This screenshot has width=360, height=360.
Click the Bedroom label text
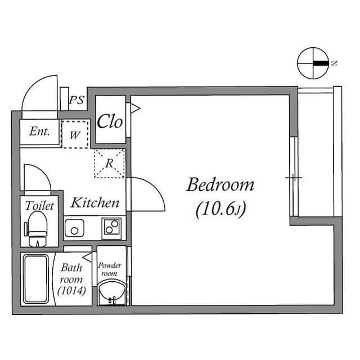pyautogui.click(x=220, y=184)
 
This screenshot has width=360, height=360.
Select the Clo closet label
pyautogui.click(x=110, y=121)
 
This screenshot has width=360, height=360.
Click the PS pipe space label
pyautogui.click(x=76, y=101)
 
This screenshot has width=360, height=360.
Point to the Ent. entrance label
pyautogui.click(x=39, y=132)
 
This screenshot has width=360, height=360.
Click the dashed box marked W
pyautogui.click(x=75, y=135)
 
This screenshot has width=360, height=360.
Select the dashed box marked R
pyautogui.click(x=109, y=164)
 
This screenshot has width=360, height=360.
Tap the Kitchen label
pyautogui.click(x=94, y=202)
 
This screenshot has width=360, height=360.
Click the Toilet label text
pyautogui.click(x=39, y=206)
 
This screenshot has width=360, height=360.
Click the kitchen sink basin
pyautogui.click(x=74, y=228)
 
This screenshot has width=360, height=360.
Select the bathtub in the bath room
pyautogui.click(x=36, y=278)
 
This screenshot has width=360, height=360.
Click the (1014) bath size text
pyautogui.click(x=71, y=291)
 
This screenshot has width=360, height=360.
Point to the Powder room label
pyautogui.click(x=109, y=269)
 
